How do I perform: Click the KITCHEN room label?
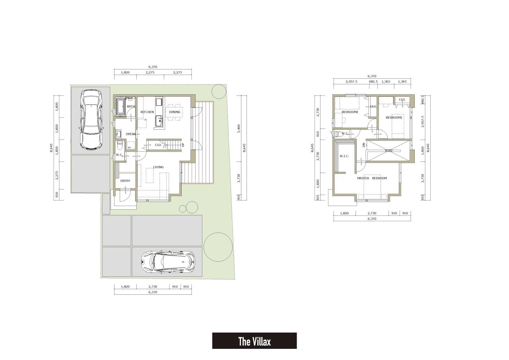147,112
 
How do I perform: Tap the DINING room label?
175,112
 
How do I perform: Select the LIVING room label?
158,167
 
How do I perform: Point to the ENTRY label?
125,181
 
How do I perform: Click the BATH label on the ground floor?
131,106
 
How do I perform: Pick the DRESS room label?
131,134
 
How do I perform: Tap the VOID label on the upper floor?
389,150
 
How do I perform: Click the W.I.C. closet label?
344,156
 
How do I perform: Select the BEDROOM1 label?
394,117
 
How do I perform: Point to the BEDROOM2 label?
350,112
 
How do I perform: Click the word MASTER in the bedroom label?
363,178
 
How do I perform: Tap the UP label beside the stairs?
183,145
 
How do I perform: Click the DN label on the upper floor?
364,144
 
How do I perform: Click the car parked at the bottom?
168,262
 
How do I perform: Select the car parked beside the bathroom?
91,119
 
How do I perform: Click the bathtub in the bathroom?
120,106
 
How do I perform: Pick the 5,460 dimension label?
239,128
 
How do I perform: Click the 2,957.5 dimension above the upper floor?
351,82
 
